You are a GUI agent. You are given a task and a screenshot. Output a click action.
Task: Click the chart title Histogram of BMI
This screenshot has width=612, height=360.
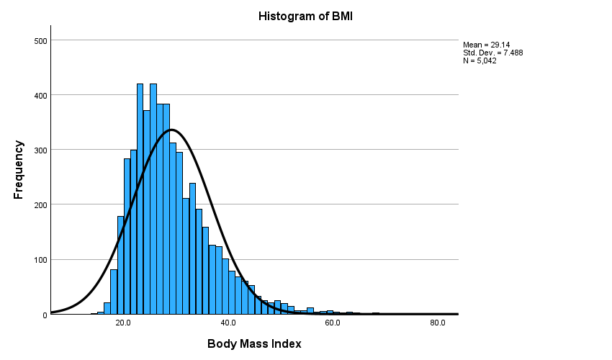[x=306, y=15]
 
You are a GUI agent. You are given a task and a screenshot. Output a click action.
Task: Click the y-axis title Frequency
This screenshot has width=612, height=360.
[x=19, y=170]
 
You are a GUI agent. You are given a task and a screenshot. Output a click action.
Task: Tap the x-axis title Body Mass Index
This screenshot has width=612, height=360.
[x=254, y=343]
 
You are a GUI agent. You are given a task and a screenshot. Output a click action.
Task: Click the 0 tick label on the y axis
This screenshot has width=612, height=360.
[x=44, y=315]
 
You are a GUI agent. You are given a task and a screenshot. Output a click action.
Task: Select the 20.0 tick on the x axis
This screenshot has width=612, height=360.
[x=123, y=323]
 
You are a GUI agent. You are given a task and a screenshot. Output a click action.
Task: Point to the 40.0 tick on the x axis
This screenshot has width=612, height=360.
[x=228, y=323]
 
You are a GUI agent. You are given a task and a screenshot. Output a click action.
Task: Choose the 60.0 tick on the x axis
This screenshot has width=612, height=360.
[x=333, y=323]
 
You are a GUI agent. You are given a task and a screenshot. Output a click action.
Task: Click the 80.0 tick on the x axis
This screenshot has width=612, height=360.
[x=437, y=323]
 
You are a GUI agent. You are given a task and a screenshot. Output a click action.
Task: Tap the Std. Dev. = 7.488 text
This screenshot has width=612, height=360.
[x=490, y=53]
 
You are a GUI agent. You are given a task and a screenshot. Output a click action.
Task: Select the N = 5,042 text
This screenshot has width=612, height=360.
[x=480, y=60]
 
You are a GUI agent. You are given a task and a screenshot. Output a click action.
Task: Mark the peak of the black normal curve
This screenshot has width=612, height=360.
[x=171, y=130]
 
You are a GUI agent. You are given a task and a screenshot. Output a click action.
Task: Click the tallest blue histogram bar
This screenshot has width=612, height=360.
[x=140, y=202]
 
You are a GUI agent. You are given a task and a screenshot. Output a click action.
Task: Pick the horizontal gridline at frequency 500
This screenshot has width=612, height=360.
[x=288, y=40]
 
